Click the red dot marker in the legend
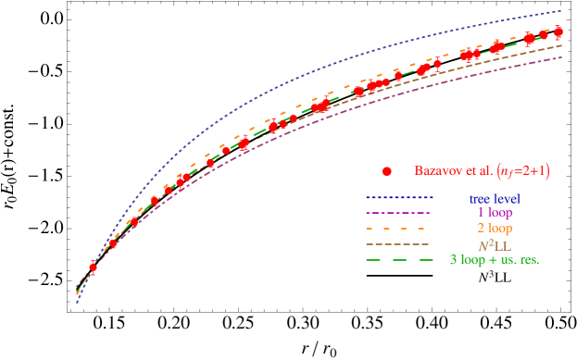(x=387, y=172)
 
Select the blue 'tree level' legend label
(x=494, y=198)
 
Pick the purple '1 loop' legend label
(x=494, y=213)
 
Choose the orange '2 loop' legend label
(x=494, y=229)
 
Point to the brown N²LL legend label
(x=494, y=244)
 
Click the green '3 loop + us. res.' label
(x=494, y=260)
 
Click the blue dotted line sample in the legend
(x=399, y=198)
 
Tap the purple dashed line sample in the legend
(x=399, y=213)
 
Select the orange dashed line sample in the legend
(x=399, y=229)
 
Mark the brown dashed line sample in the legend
(x=399, y=244)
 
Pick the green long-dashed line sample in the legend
(x=399, y=260)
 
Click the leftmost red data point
(x=93, y=268)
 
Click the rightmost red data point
(x=558, y=32)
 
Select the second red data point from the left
(x=114, y=244)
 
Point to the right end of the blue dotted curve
(x=562, y=11)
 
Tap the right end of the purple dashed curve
(x=562, y=57)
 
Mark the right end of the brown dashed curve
(x=562, y=45)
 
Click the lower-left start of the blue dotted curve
(x=77, y=302)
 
